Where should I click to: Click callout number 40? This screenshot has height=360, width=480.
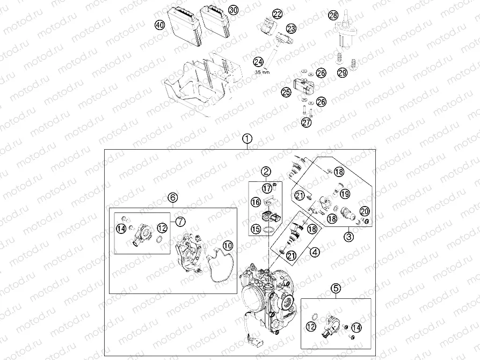point(159,25)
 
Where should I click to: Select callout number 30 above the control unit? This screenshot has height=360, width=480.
point(232,10)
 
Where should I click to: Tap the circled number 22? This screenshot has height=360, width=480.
point(277,14)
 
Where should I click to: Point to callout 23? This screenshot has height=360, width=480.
point(291,27)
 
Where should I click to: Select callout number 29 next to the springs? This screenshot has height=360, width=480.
point(343,72)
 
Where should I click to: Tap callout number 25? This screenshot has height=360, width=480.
point(286,92)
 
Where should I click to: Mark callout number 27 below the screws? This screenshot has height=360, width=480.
point(306,123)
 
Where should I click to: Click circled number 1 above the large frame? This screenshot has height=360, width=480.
point(246,138)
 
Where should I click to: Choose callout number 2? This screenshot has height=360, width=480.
point(266,172)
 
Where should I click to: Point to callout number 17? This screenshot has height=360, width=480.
point(267,188)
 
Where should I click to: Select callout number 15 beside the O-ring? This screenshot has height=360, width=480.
point(255,229)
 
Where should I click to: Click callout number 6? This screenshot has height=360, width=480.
point(172,197)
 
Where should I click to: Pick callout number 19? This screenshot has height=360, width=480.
point(345,194)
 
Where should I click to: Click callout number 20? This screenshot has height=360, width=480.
point(364,211)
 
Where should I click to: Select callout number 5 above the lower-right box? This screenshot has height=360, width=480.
point(336,288)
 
